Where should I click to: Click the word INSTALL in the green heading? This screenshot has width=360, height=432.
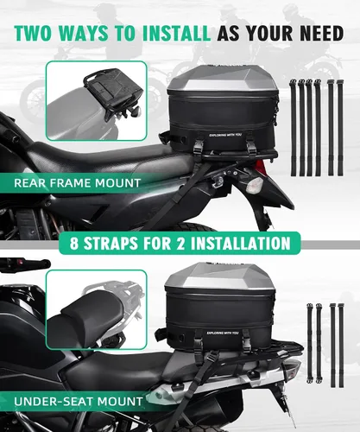pos(176,33)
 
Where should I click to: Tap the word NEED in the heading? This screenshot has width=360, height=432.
pos(322,33)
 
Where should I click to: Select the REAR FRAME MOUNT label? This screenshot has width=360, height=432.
pos(77,183)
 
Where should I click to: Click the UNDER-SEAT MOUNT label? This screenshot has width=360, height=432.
pos(79,401)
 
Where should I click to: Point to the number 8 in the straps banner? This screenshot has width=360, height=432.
pos(74,244)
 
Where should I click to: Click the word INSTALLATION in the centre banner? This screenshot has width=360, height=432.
pos(241,244)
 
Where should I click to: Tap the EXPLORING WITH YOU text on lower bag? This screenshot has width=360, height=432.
pos(223,334)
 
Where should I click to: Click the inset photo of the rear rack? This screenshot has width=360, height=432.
pos(97,101)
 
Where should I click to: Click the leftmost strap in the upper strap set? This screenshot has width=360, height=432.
pos(294,128)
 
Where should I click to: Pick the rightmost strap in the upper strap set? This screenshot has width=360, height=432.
pos(340,128)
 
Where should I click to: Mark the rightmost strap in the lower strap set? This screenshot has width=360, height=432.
pos(341,345)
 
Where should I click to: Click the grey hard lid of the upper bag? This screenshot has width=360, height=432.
pos(222,78)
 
